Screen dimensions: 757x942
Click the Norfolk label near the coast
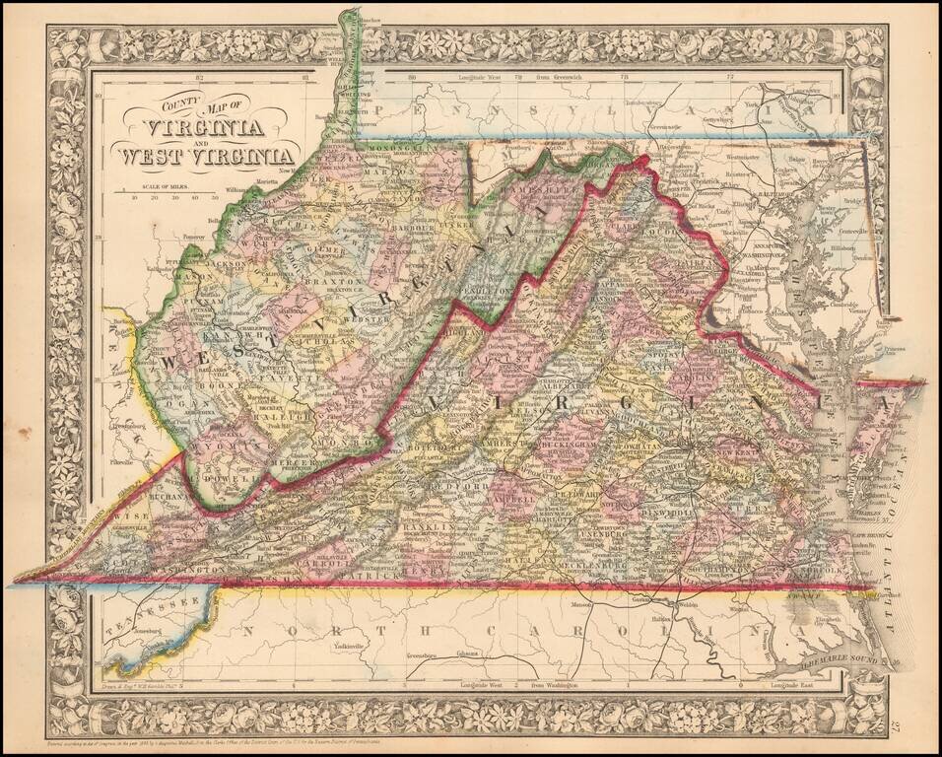822,569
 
